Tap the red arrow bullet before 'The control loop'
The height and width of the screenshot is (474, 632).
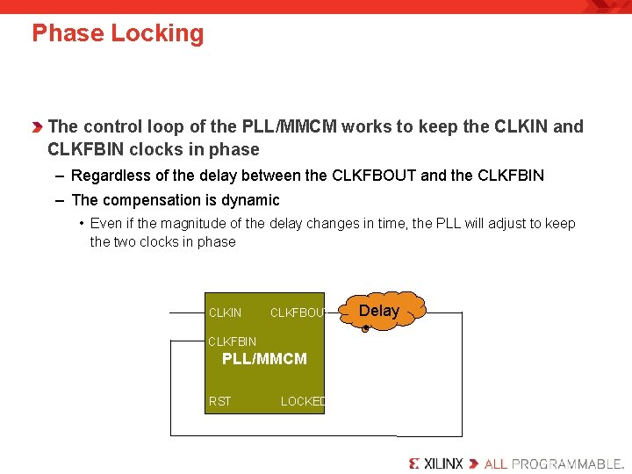pos(38,127)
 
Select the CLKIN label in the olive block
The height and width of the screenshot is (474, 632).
pos(225,312)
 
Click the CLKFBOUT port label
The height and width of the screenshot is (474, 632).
pos(298,312)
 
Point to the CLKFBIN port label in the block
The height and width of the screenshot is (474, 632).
pos(232,341)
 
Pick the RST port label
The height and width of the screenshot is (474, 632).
pos(220,401)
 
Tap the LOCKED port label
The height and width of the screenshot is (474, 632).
pos(302,401)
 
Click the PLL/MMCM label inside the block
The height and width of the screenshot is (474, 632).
pos(264,358)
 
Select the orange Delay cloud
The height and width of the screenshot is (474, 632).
pos(380,310)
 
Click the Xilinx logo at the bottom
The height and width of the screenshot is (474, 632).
pos(436,463)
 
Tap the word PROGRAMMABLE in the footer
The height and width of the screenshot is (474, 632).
pos(566,463)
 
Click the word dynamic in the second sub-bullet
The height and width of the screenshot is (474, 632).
pos(250,200)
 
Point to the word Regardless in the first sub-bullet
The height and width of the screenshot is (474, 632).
pos(110,176)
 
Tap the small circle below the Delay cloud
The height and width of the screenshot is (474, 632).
pos(365,329)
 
